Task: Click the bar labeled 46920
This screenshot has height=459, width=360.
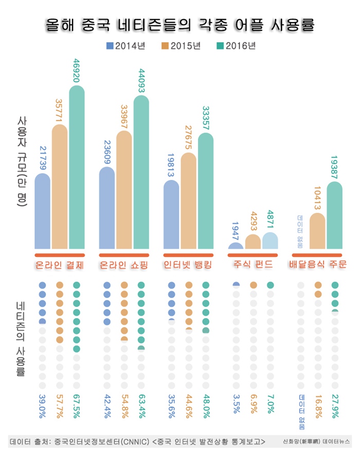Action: [x=77, y=167]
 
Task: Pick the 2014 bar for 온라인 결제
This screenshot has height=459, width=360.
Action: [x=43, y=211]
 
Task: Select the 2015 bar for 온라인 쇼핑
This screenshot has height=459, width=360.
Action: [x=124, y=190]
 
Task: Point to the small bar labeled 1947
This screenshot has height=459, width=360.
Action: [x=235, y=246]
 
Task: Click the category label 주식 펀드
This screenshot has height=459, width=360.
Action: [x=254, y=265]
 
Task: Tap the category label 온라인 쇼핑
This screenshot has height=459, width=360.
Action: [x=124, y=265]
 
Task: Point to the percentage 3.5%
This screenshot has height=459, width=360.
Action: [x=236, y=405]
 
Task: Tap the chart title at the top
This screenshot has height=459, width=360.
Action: [x=179, y=25]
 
